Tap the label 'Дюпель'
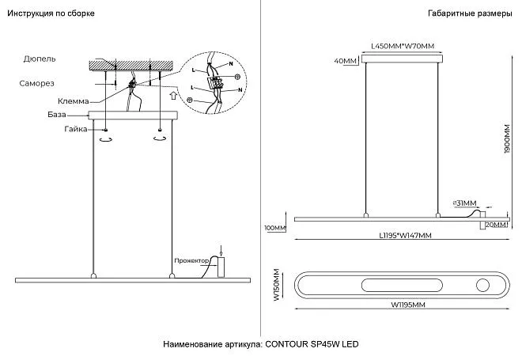click(39, 59)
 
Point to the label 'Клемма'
click(73, 101)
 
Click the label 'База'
click(56, 115)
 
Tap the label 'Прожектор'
click(192, 260)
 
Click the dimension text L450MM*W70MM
click(403, 46)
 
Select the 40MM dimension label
click(346, 61)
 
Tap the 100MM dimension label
click(274, 229)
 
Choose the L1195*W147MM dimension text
click(405, 236)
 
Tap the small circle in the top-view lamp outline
click(482, 285)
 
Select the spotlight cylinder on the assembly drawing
click(221, 267)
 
